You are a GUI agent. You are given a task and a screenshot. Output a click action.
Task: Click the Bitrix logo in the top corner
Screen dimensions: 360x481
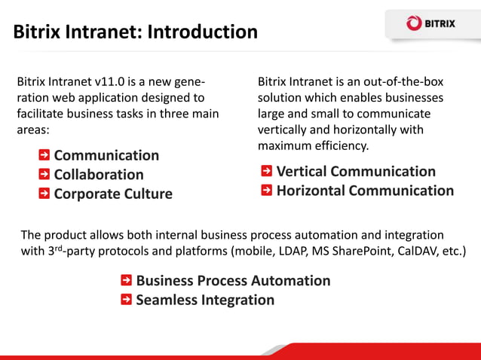tap(430, 23)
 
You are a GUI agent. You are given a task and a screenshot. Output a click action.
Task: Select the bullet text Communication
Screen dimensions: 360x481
tap(106, 155)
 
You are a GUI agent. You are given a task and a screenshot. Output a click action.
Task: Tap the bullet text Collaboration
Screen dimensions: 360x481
tap(99, 174)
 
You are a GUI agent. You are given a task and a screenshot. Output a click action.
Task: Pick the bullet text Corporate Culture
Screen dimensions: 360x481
tap(113, 194)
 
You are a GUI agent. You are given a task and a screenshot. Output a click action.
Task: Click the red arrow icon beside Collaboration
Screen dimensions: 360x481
tap(44, 174)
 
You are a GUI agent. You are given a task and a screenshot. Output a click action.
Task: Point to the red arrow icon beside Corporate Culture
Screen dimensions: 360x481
tap(44, 194)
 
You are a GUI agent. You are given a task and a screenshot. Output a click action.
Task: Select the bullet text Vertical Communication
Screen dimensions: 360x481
tap(356, 171)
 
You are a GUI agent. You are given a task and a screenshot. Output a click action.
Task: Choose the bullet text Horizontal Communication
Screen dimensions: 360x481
tap(365, 191)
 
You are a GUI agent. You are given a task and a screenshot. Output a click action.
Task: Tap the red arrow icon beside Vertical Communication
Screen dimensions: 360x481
tap(267, 171)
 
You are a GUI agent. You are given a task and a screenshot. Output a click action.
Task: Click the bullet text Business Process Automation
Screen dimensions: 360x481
tap(233, 280)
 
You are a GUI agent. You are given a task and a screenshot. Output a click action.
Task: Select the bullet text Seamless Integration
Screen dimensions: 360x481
tap(205, 300)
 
